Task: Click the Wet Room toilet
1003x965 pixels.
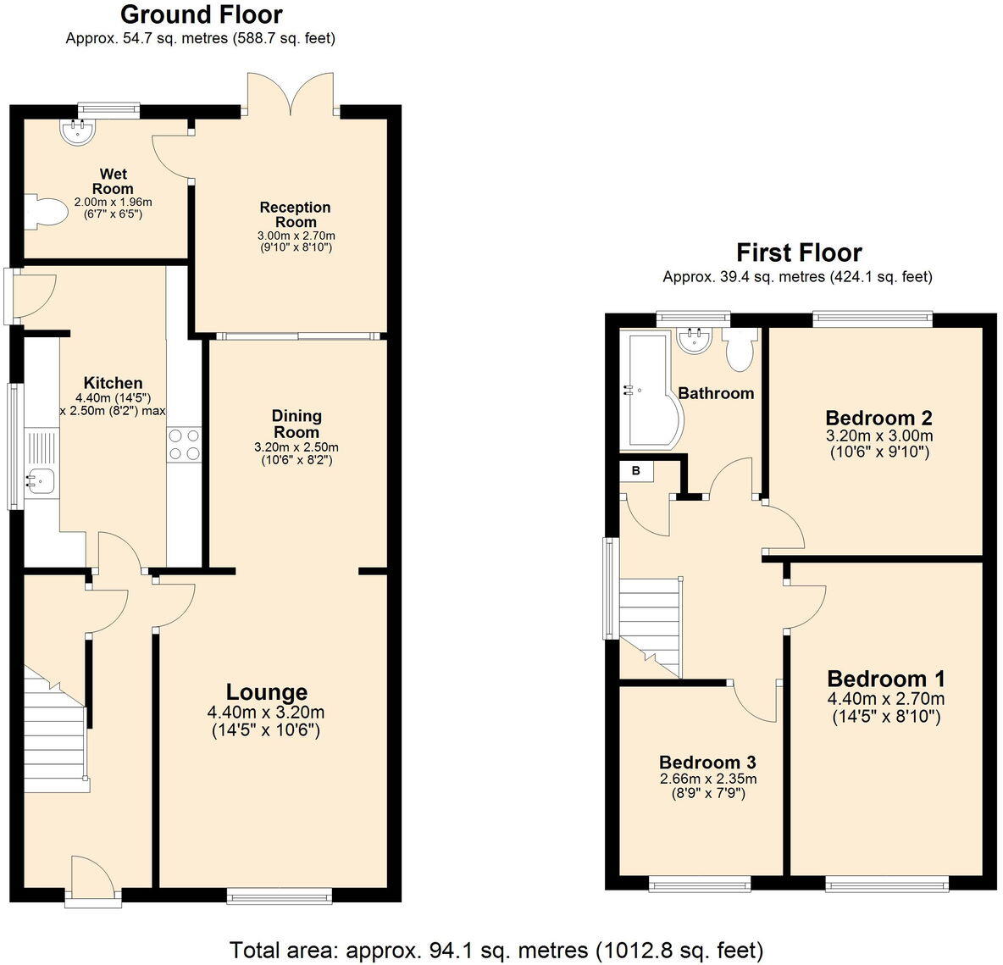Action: click(x=46, y=212)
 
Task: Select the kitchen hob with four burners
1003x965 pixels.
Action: click(x=185, y=444)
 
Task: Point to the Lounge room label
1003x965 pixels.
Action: click(x=266, y=692)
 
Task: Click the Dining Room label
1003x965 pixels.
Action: click(x=296, y=423)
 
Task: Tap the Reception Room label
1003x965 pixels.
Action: click(x=295, y=214)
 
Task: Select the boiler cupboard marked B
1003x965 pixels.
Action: click(x=635, y=471)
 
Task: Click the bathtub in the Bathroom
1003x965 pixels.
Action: click(x=646, y=391)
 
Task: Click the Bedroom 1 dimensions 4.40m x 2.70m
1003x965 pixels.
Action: click(x=886, y=699)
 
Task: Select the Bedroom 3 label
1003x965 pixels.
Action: click(x=707, y=762)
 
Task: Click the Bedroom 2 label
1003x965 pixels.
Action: click(x=878, y=418)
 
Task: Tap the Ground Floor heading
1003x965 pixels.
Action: click(x=201, y=14)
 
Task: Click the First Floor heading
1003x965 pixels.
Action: click(x=798, y=252)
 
